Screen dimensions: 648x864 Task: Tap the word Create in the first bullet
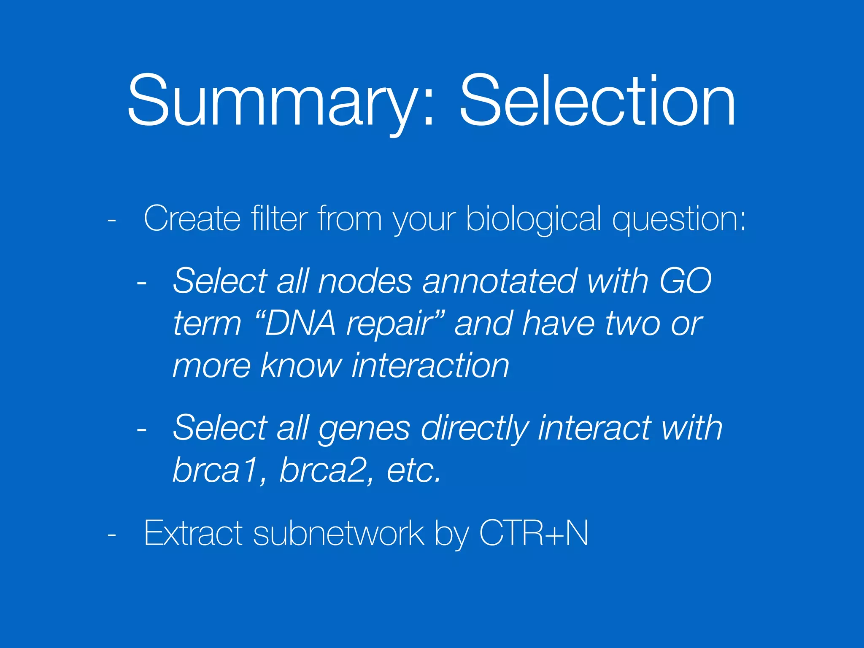point(192,219)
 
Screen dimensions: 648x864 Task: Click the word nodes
point(365,281)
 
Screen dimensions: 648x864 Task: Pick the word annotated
point(499,281)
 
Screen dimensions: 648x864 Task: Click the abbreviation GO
point(685,281)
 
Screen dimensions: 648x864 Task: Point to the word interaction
point(430,365)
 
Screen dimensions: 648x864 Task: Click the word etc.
point(414,470)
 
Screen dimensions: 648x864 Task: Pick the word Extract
point(193,533)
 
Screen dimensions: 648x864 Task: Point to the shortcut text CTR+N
point(533,533)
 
